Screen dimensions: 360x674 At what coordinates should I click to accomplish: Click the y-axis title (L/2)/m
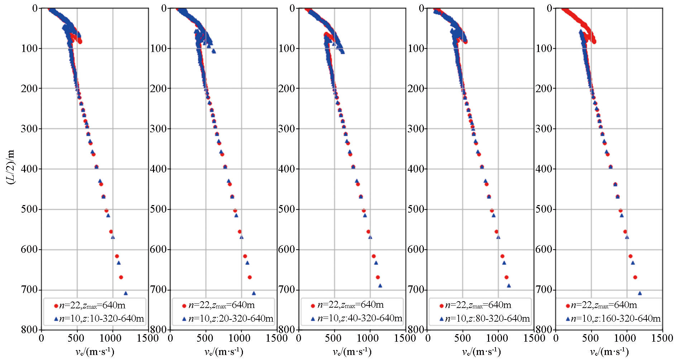11,167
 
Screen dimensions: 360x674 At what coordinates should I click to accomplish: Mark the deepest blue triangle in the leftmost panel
125,293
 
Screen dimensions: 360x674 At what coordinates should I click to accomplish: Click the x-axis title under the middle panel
352,352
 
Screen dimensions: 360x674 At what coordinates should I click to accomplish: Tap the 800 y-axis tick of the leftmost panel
30,329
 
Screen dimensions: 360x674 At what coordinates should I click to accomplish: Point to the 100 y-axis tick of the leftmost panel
30,48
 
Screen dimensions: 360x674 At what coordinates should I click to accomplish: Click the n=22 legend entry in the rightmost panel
604,305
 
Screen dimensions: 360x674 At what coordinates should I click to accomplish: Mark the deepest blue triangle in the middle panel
380,286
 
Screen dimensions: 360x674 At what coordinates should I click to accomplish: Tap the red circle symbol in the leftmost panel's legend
56,306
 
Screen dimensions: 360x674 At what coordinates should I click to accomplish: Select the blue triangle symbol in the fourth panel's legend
441,319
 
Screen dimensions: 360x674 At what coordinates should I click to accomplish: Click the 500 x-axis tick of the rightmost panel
591,338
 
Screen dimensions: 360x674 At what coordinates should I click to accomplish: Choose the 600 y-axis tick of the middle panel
287,249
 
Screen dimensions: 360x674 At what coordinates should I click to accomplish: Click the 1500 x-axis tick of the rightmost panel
662,338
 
